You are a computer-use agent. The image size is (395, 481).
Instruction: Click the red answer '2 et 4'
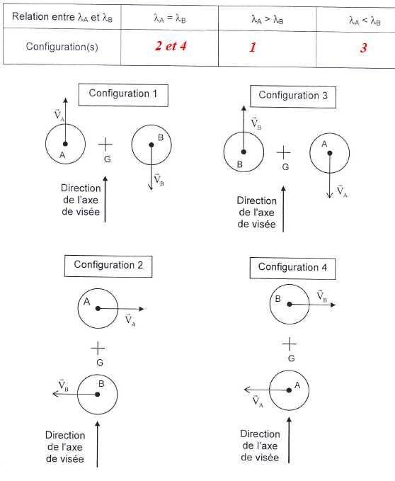coord(171,46)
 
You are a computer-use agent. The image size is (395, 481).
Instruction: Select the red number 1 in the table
coord(253,47)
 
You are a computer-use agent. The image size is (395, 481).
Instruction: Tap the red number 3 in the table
coord(363,48)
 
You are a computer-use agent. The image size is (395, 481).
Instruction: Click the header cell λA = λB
coord(170,19)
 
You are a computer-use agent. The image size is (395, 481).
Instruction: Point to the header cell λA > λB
coord(267,20)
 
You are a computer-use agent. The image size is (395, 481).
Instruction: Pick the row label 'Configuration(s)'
coord(62,47)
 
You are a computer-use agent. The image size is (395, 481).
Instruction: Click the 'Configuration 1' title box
coord(123,95)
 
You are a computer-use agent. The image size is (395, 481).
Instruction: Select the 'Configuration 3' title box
coord(293,96)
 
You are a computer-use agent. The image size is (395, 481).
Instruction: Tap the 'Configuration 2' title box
coord(108,266)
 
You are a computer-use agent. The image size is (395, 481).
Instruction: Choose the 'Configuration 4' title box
coord(292,268)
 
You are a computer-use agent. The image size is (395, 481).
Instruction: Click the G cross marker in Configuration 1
coord(105,145)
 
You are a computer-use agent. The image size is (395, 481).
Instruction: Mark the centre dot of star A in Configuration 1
coord(65,144)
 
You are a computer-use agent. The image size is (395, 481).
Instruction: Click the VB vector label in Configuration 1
coord(159,179)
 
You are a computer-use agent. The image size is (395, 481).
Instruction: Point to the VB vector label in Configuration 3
coord(256,123)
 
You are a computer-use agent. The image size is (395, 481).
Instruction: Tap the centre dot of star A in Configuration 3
coord(330,153)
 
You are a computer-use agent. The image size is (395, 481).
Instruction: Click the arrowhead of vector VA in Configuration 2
coord(142,309)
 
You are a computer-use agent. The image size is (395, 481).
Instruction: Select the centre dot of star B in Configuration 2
coord(98,394)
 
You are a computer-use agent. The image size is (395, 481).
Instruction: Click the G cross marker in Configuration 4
coord(289,344)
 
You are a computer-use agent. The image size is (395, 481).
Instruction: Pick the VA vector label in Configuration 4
coord(258,401)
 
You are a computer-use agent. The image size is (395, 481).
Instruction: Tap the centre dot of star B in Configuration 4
coord(290,305)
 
